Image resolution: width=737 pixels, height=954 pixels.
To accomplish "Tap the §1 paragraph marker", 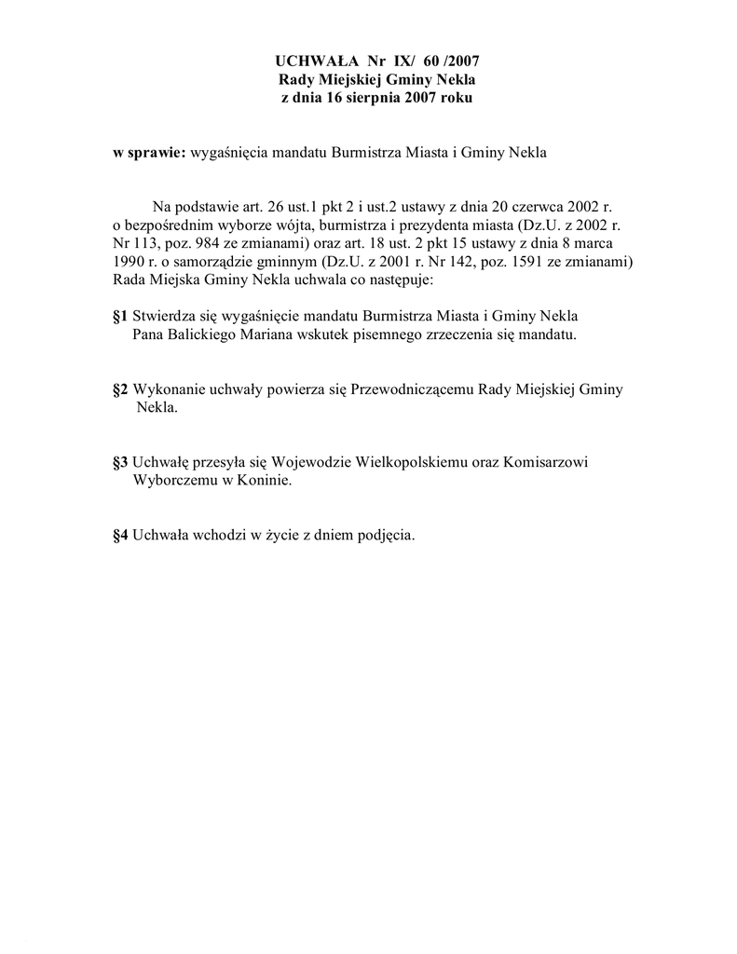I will coord(120,316).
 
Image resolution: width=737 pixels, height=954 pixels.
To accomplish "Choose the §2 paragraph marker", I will coord(120,388).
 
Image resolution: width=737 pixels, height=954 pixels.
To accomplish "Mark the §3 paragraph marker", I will coord(120,462).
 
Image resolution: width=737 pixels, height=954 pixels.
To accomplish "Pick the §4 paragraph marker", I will coord(120,536).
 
